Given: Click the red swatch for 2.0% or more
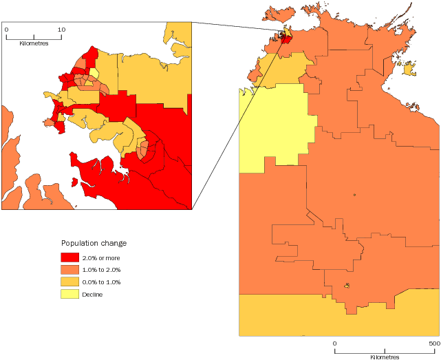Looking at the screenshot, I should [69, 257].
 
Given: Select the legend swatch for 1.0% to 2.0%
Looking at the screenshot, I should [69, 270].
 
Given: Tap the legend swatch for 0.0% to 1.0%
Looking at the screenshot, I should [69, 282].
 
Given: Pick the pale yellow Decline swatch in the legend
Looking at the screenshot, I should [69, 295].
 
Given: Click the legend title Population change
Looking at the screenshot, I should [94, 243].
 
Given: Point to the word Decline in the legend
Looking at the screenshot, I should [93, 295].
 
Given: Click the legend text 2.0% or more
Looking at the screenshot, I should [101, 258].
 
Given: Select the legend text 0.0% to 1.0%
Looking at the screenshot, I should [101, 282].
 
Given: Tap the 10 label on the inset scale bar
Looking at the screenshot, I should [61, 30].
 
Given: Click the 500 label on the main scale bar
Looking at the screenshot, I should [434, 343].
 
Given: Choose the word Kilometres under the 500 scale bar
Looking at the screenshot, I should [385, 357].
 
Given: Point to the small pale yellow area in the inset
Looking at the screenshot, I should [94, 73].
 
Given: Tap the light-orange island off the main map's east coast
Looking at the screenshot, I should [409, 69].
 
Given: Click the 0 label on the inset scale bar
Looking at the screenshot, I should [6, 30].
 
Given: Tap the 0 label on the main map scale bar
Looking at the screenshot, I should [334, 343].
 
